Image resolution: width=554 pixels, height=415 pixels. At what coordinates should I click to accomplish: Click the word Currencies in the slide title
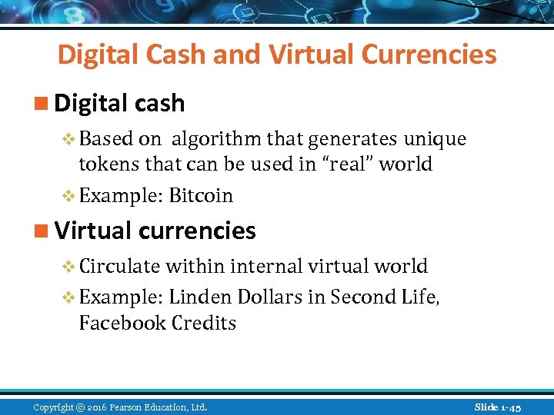tap(429, 55)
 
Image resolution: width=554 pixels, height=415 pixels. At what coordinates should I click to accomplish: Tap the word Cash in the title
tap(169, 55)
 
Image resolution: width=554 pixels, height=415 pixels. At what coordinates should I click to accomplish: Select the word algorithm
tap(216, 139)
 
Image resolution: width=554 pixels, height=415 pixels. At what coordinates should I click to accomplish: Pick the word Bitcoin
tap(201, 196)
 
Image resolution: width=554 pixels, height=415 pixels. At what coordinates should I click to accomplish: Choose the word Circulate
tap(119, 267)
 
